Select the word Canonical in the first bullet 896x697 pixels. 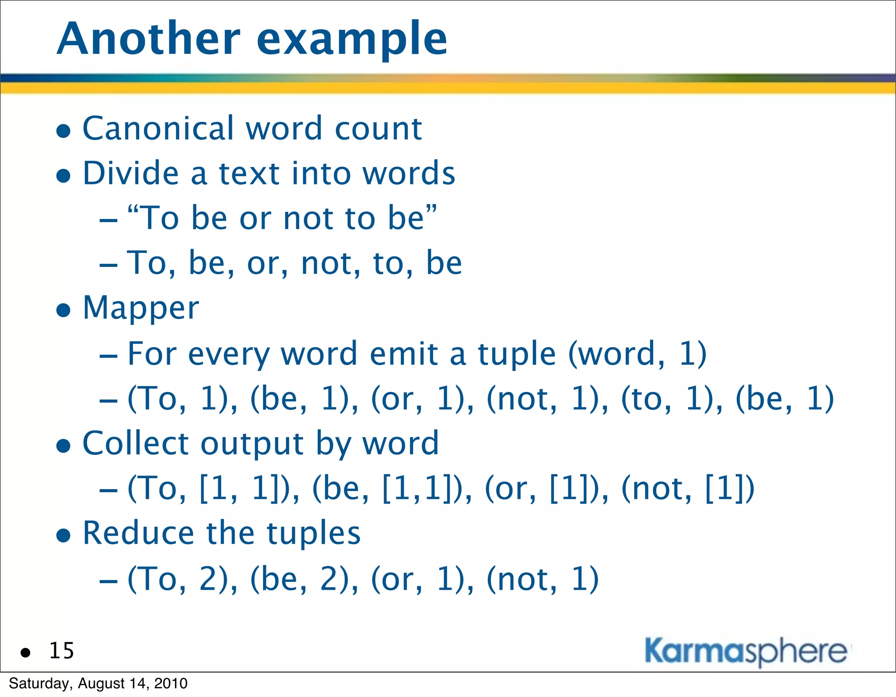click(x=158, y=129)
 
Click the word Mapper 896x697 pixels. click(x=141, y=309)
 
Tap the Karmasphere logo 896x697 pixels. click(x=745, y=651)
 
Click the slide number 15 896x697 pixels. click(x=62, y=651)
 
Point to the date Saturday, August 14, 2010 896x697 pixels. click(x=98, y=683)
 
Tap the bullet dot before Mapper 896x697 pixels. click(x=64, y=311)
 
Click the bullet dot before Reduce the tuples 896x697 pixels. click(x=64, y=535)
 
